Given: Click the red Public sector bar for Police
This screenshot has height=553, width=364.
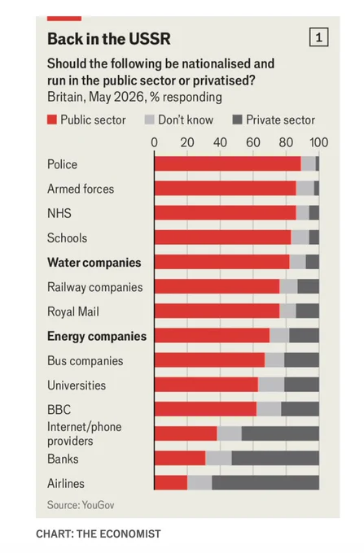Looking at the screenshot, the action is click(x=228, y=164).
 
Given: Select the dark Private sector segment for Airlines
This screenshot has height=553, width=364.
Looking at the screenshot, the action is click(x=265, y=483).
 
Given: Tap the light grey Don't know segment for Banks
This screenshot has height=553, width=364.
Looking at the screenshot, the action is click(x=218, y=458).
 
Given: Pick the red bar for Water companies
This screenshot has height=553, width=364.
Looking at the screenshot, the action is click(x=222, y=262).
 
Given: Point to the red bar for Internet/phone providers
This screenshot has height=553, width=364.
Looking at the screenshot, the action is click(x=186, y=433).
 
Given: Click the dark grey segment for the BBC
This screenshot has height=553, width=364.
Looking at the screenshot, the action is click(x=300, y=409).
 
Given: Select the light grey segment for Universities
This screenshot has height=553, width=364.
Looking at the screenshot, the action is click(x=271, y=385).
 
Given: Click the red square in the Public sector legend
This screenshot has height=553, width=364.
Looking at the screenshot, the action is click(x=52, y=120).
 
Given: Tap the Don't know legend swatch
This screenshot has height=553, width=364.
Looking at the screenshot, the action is click(x=150, y=120).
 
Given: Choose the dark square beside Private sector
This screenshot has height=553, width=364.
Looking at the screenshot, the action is click(x=237, y=120).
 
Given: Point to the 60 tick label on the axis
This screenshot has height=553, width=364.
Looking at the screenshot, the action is click(x=253, y=142).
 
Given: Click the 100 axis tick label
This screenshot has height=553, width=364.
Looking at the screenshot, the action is click(x=319, y=142).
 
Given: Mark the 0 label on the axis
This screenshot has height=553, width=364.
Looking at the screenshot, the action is click(x=154, y=142).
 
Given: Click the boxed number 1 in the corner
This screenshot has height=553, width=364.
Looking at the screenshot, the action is click(x=319, y=37).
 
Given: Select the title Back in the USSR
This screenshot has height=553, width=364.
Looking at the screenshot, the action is click(x=109, y=39).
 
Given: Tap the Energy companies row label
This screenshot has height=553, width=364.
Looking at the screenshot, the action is click(x=97, y=336).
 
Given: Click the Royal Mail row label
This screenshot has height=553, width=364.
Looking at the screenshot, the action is click(x=73, y=311).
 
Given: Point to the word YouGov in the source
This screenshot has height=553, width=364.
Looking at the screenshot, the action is click(x=98, y=505).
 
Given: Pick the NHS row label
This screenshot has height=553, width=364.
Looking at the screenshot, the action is click(x=59, y=213).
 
